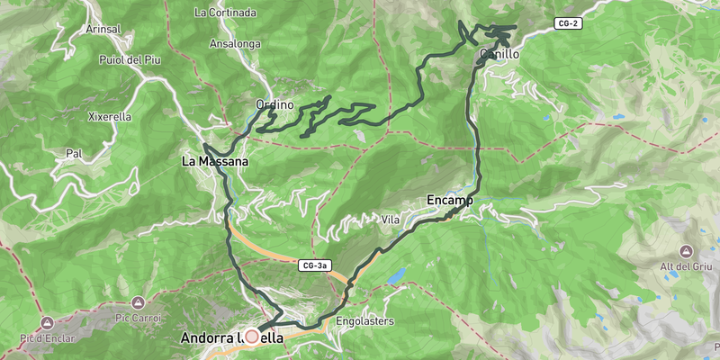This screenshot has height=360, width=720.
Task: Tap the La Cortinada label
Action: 225,13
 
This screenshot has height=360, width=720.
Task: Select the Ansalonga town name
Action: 234,42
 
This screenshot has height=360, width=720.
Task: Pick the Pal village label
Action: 74,154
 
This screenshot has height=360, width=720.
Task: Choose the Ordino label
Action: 274,105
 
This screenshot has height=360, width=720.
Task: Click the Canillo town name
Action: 499,55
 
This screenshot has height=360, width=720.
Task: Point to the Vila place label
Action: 391,220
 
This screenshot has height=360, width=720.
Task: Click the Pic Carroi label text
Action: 138,318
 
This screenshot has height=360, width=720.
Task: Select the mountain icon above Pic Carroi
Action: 138,302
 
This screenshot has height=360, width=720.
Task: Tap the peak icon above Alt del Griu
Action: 686,249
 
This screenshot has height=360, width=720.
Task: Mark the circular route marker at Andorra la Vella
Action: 251,336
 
